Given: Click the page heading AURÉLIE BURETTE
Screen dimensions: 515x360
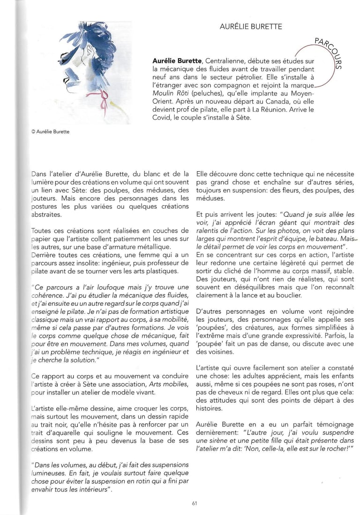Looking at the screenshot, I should coord(251,27).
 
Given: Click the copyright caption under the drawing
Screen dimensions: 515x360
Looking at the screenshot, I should coord(49,132).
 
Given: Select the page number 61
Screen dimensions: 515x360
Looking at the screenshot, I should coord(194,503).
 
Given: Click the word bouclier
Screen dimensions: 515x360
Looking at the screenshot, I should coord(289,295).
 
